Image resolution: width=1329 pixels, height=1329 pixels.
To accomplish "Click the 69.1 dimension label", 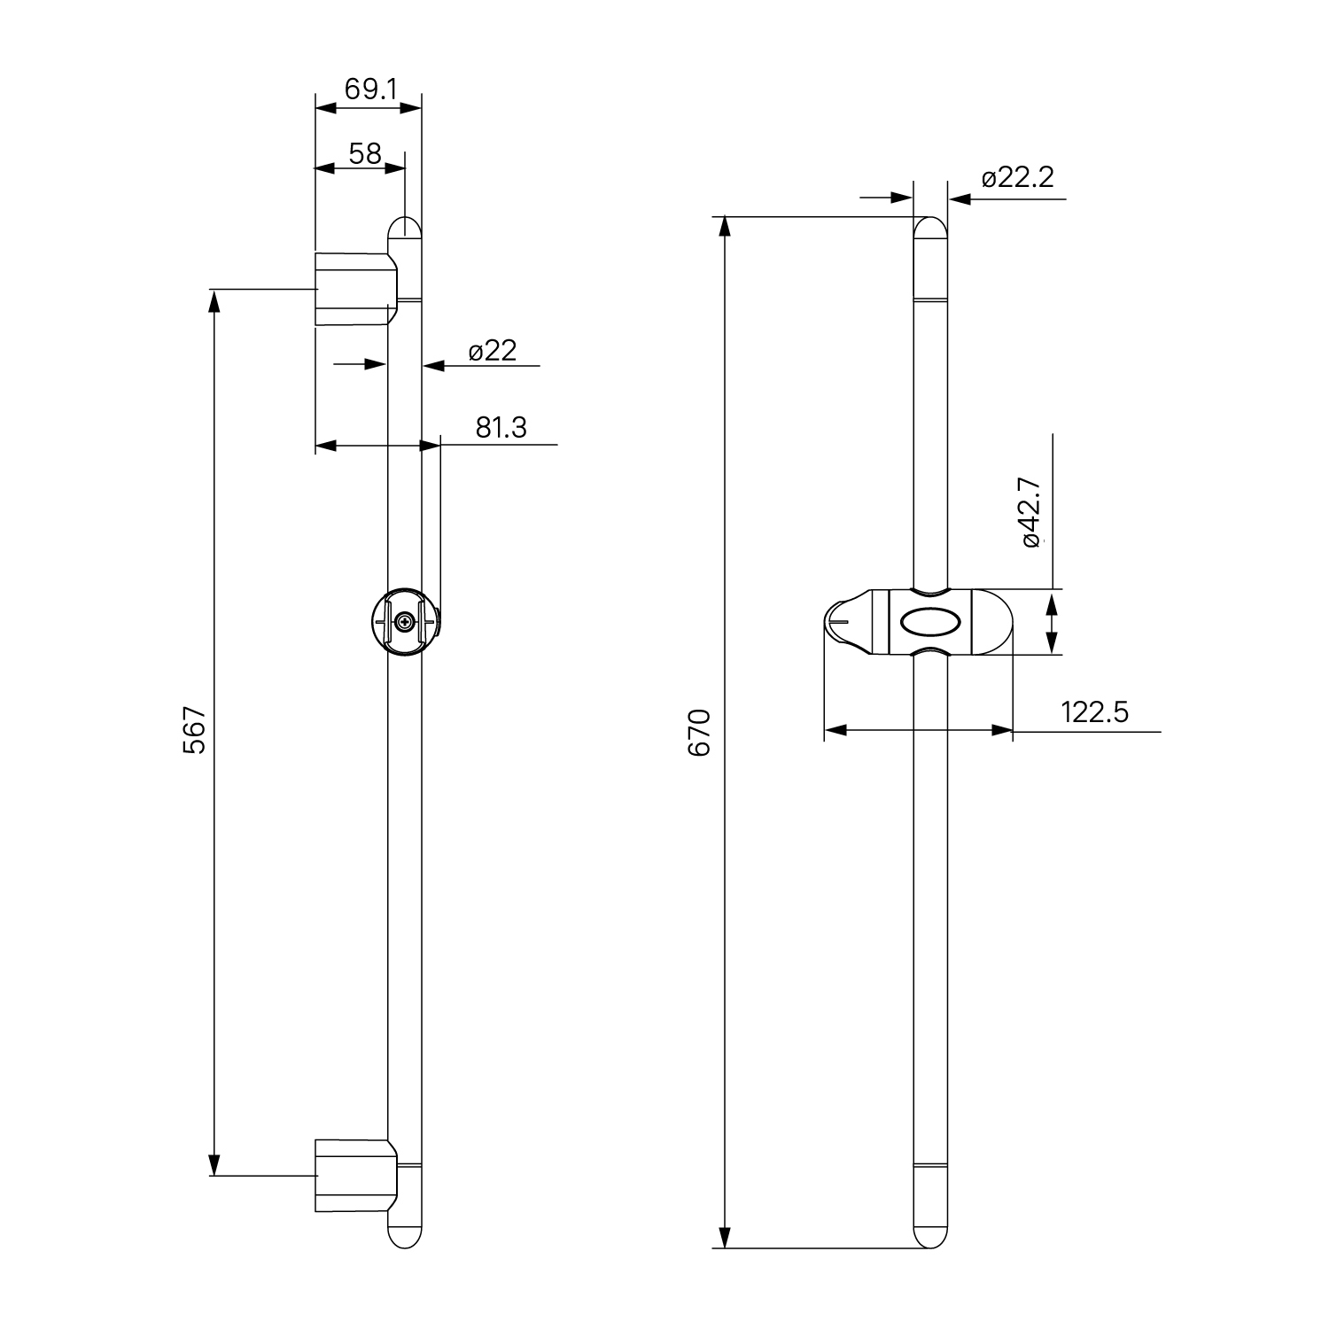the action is coord(370,89).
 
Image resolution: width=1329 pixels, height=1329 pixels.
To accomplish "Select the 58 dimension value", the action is coord(365,154).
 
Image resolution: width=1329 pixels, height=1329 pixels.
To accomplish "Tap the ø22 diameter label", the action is coord(493,351).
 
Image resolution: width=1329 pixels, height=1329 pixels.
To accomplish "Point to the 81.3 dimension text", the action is coord(501,427).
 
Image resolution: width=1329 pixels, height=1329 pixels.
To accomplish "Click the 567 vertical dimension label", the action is coord(194,730).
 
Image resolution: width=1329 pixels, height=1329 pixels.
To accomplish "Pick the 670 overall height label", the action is coord(700,732).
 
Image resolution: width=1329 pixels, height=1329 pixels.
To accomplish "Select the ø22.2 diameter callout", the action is coord(1018,178).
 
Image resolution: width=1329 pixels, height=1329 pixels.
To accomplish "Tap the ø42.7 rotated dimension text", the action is coord(1030,512).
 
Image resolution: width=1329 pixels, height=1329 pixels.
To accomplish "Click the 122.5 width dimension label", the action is coord(1095,711).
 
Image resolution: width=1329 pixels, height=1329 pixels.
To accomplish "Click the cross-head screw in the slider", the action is coord(405,623).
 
